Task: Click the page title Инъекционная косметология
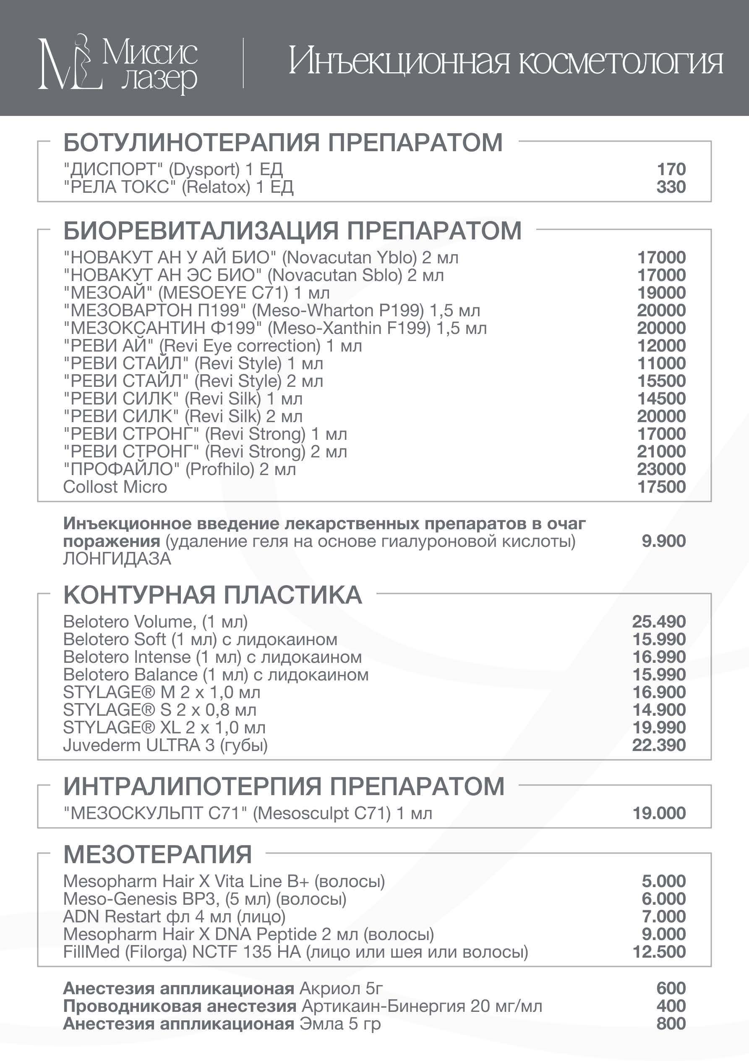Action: (505, 63)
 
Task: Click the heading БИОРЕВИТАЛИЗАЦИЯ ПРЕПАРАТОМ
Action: (292, 231)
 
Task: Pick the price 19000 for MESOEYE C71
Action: (661, 292)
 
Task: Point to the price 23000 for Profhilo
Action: (661, 469)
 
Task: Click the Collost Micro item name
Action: (115, 486)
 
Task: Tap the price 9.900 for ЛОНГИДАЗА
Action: (663, 541)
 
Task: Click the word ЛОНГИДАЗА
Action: (117, 559)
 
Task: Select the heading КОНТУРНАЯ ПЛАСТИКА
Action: (212, 595)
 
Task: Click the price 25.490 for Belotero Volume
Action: (658, 622)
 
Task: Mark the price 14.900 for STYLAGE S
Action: (658, 710)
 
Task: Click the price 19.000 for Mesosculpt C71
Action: (659, 813)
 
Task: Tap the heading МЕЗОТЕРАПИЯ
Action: (157, 854)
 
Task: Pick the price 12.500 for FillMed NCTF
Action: (659, 951)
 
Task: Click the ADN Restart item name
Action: (174, 917)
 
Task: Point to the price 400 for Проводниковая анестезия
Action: (671, 1006)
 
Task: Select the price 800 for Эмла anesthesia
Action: (671, 1023)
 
